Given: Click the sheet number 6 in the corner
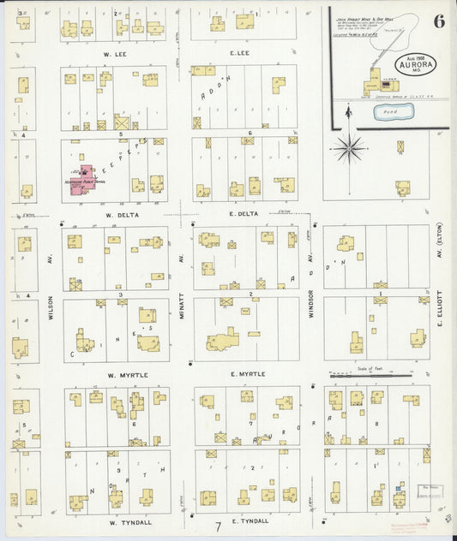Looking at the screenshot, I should point(438,21).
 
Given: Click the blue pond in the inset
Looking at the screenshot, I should point(395,111).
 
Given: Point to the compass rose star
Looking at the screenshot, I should point(349,148).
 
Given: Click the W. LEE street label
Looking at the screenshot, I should point(116,53).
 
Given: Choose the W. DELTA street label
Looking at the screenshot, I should point(116,214).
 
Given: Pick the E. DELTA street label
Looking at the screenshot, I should point(244,213).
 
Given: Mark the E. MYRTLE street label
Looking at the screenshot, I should point(248,374).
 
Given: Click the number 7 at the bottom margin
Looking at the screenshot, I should point(218,526).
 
